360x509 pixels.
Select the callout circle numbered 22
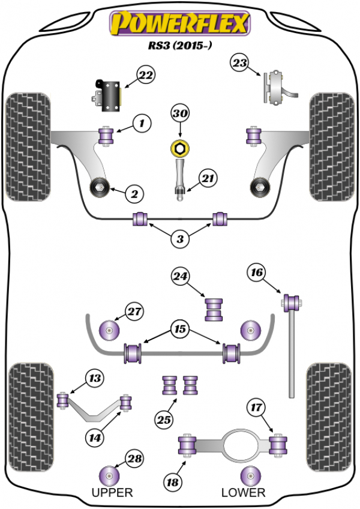[145, 75]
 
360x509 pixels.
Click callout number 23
[240, 64]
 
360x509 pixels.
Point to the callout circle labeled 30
[180, 113]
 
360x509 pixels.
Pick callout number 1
[142, 124]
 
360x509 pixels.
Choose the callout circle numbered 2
[134, 193]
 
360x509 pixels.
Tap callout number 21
[208, 178]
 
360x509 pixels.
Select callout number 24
[181, 276]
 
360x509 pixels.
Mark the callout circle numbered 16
[257, 273]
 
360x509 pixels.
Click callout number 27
[134, 311]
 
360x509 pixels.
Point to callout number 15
[179, 329]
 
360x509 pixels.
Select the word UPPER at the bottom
[112, 493]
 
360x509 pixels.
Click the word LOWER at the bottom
[243, 493]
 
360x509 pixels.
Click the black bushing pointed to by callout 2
[98, 188]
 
